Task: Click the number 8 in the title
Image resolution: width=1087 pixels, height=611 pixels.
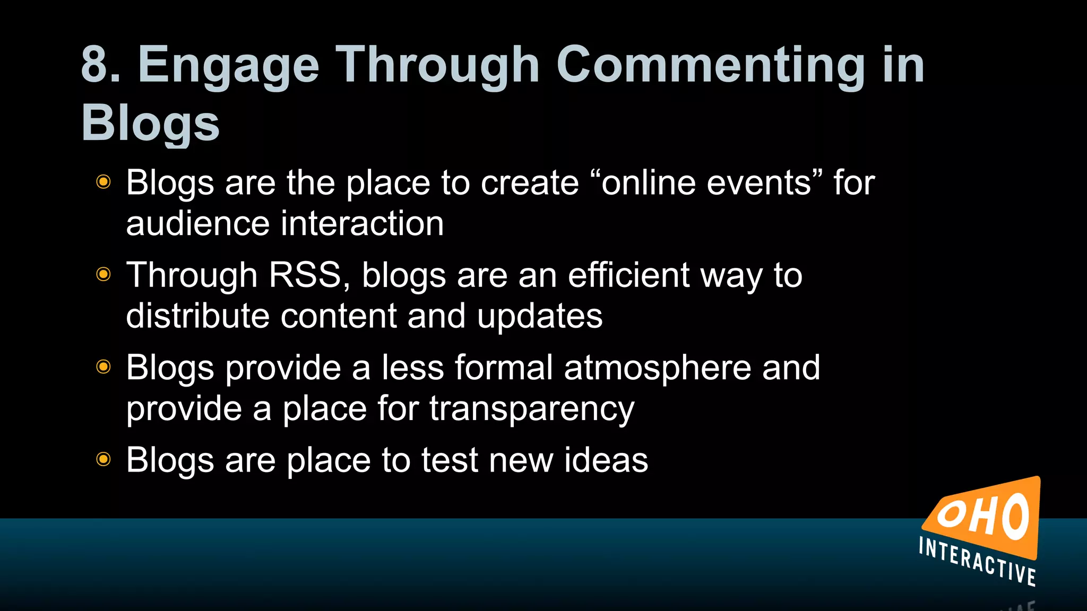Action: click(96, 65)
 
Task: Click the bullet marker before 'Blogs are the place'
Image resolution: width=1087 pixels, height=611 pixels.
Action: click(103, 182)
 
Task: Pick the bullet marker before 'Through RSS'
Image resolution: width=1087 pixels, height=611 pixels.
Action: click(103, 274)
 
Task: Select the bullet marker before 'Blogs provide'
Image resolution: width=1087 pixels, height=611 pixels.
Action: click(103, 366)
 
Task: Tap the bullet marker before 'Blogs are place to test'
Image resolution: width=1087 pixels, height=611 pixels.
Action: click(103, 459)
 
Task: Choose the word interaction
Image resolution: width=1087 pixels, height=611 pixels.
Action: click(362, 223)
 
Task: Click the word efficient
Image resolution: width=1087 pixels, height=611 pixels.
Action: click(628, 275)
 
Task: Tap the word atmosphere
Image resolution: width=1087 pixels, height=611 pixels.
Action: click(658, 368)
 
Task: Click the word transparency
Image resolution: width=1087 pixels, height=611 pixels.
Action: click(532, 409)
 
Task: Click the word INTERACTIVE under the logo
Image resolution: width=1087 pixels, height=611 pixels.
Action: click(977, 561)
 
